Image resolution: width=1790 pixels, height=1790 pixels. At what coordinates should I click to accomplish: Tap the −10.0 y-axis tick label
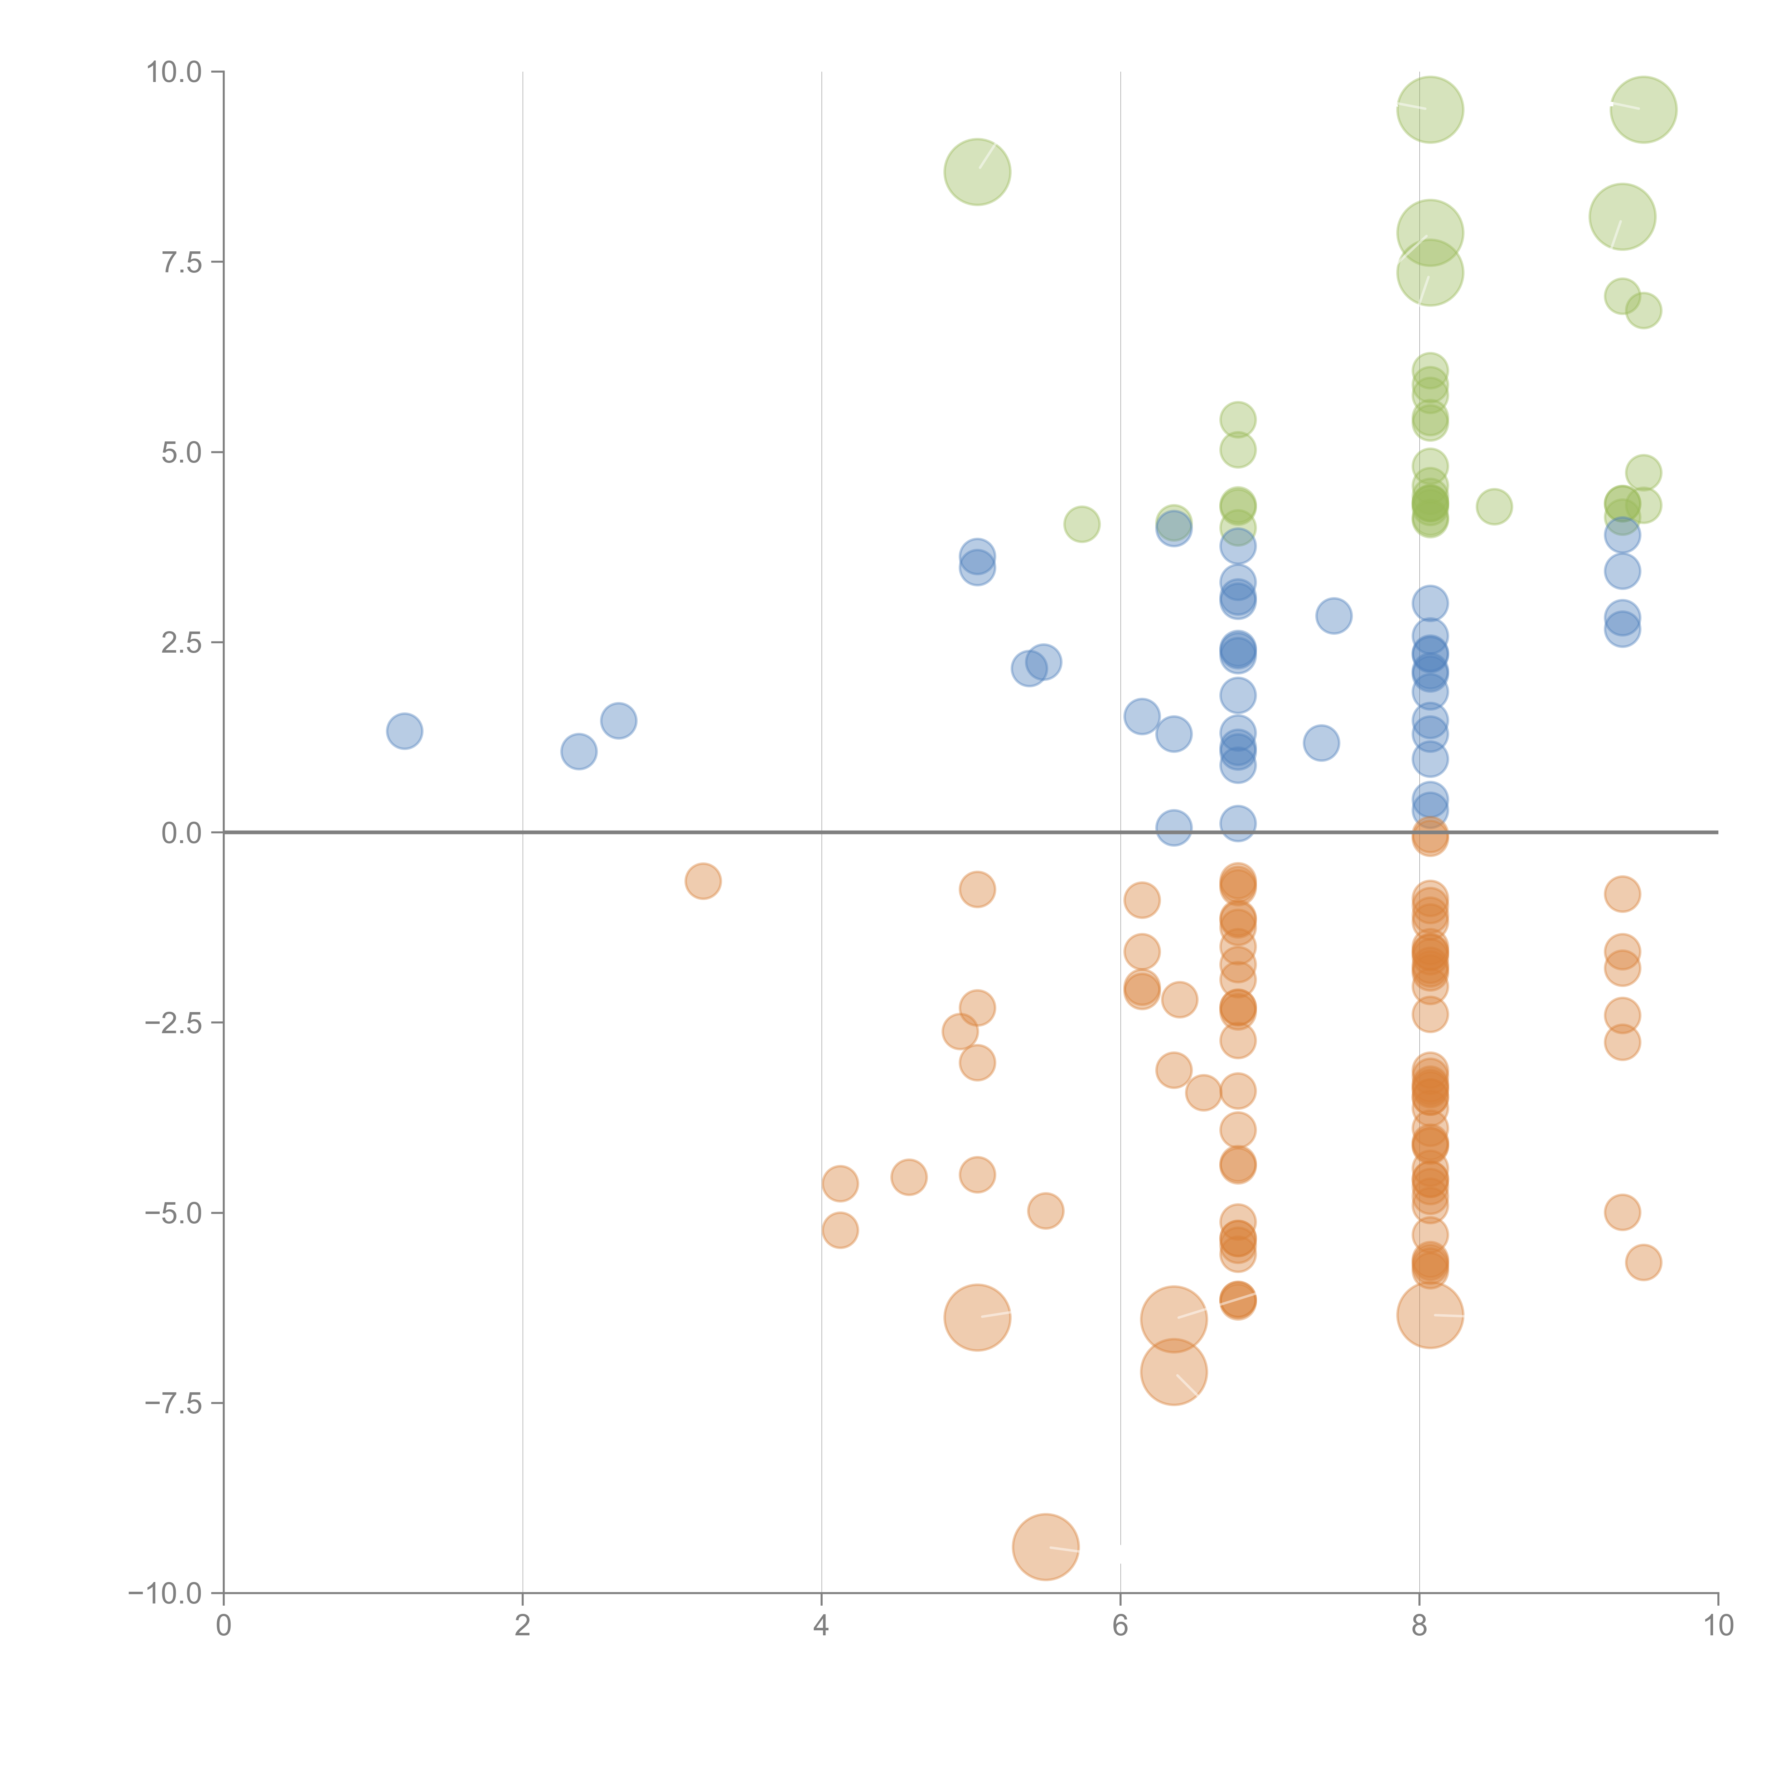165,1593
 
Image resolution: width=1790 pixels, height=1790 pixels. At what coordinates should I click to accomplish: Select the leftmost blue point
404,731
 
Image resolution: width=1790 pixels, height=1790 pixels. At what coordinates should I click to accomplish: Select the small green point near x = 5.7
1081,524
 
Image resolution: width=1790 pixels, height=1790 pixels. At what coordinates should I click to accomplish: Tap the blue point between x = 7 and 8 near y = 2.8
1333,615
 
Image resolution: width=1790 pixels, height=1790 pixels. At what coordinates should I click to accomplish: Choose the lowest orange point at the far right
1643,1262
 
